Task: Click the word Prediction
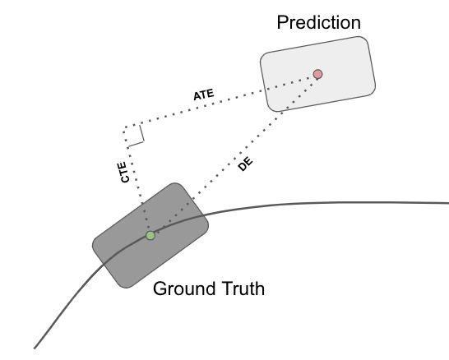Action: click(x=318, y=21)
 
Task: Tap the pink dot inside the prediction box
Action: click(x=317, y=74)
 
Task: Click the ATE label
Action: click(x=204, y=95)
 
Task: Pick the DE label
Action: click(x=244, y=164)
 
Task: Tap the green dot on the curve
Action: click(x=150, y=235)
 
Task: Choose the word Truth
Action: click(x=243, y=289)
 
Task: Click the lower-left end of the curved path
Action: click(x=35, y=346)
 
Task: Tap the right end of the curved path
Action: click(x=447, y=202)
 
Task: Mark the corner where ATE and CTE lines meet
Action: click(x=124, y=127)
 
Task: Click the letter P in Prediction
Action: click(x=282, y=21)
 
